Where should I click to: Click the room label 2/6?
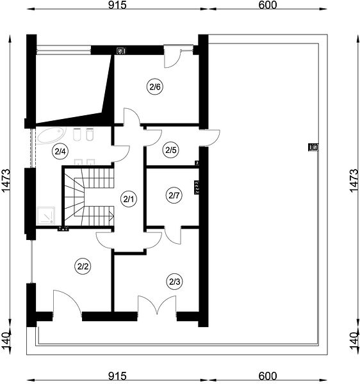coord(155,86)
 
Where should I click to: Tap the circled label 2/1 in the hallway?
coord(129,199)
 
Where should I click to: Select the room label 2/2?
coord(83,266)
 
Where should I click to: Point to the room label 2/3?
coord(175,282)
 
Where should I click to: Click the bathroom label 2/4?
coord(60,152)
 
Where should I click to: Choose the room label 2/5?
coord(171,150)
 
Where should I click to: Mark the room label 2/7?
coord(174,195)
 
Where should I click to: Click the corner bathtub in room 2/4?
coord(51,135)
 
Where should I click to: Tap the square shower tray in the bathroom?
coord(45,215)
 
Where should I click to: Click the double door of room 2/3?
coord(157,305)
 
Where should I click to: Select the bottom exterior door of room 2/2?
coord(67,303)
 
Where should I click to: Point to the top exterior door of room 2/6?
coord(172,56)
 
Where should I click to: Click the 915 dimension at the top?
coord(118,5)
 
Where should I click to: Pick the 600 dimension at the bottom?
coord(267,376)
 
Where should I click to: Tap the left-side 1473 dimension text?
coord(6,180)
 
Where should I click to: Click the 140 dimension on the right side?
coord(354,342)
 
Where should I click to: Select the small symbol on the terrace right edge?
coord(313,147)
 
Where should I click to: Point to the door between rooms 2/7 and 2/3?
coord(173,235)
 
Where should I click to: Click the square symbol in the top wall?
coord(121,51)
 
